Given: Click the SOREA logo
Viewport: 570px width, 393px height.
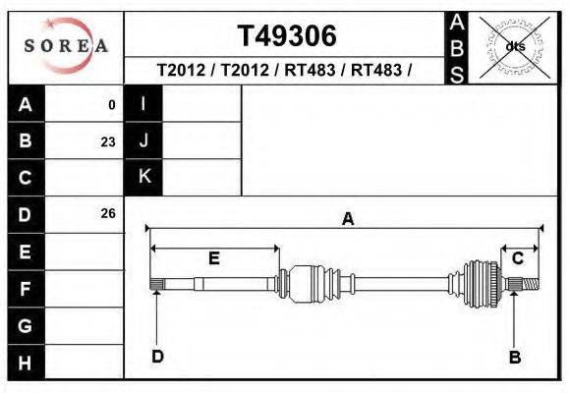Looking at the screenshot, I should tap(65, 46).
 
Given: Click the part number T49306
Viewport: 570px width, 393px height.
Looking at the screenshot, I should tap(286, 36).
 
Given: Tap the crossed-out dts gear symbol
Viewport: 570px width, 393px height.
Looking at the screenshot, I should tap(514, 46).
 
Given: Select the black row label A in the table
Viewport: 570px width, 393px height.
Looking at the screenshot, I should tap(25, 104).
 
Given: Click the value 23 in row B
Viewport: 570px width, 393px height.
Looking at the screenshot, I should tap(107, 141).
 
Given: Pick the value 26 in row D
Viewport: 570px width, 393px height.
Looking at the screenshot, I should tap(107, 213).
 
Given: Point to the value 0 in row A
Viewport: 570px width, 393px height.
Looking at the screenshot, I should tap(111, 105).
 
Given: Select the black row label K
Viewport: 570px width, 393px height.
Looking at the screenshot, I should tap(143, 177).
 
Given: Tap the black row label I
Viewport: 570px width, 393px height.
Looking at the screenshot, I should tap(143, 104).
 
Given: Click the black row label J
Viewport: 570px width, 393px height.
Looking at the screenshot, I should tap(143, 140).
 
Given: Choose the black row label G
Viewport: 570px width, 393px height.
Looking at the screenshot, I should tap(25, 325).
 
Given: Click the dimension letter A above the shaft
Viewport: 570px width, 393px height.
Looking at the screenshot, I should tap(347, 220).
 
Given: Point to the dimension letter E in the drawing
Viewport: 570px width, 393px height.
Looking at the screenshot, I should tap(213, 258).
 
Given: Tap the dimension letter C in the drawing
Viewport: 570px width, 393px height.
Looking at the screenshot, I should tap(517, 258).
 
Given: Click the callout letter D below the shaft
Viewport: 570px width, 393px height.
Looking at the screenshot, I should tap(157, 357).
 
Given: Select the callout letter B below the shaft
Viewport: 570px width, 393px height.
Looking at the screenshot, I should tap(514, 357).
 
